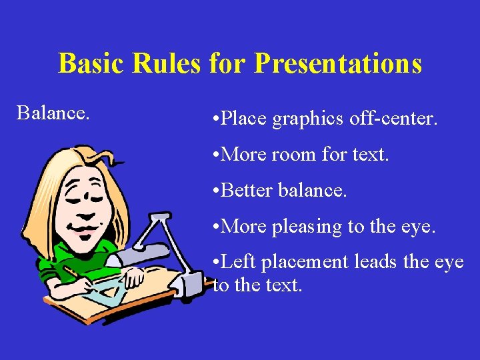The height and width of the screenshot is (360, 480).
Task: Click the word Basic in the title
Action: (90, 63)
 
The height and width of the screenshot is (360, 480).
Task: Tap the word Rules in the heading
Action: (165, 63)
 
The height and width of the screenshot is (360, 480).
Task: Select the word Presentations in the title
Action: (338, 63)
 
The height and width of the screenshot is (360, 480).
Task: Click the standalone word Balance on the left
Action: (53, 113)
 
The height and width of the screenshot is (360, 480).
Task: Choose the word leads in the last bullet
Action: (375, 262)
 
